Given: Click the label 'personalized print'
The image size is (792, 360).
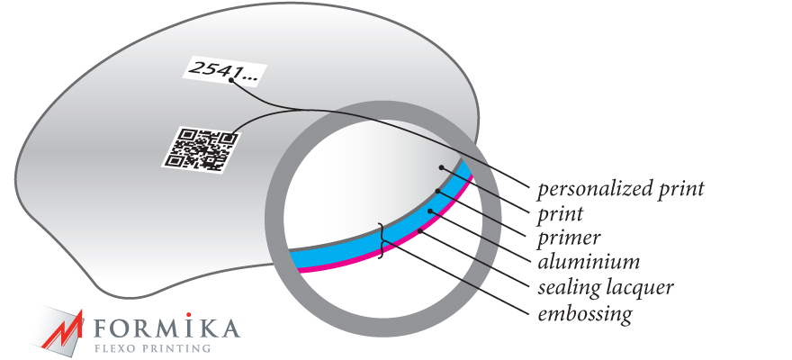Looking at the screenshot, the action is [620, 190].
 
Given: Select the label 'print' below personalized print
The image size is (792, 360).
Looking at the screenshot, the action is [560, 214].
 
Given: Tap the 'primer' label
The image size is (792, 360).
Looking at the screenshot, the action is [569, 238].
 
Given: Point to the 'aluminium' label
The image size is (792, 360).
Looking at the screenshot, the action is [589, 262].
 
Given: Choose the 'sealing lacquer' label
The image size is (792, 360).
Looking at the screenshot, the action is [605, 288].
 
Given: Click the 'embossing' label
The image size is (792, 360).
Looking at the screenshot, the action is [584, 313].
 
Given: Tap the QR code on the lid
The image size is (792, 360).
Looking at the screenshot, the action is [202, 149].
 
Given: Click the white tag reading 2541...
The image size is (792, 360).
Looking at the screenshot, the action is [224, 67].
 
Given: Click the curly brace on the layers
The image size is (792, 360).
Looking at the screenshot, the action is [382, 241].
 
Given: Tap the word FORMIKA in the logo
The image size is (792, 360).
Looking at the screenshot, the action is [166, 328].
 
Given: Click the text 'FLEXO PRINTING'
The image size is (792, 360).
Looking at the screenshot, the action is [153, 348].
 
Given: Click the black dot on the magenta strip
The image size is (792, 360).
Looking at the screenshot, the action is [420, 232].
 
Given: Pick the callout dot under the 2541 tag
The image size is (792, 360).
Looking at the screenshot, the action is [230, 80].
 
